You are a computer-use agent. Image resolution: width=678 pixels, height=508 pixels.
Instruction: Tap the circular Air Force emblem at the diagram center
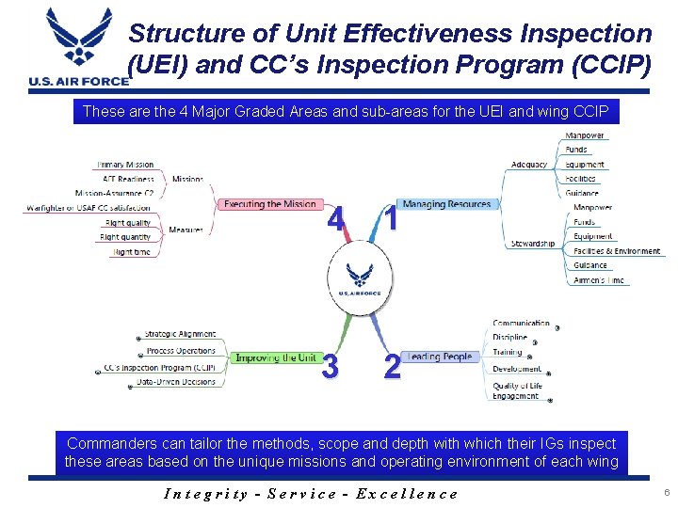[360, 278]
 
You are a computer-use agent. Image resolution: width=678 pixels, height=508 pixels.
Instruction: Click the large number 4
[333, 219]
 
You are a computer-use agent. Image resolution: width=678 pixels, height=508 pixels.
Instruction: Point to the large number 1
[389, 220]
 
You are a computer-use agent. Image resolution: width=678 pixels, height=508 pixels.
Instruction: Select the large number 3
[330, 366]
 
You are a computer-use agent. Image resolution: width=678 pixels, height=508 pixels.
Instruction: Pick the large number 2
[391, 366]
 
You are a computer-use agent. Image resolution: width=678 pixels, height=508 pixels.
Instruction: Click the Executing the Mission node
[268, 204]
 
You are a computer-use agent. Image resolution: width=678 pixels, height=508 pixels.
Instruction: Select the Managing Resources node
[446, 204]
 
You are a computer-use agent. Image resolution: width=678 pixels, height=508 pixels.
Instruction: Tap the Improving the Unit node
[275, 358]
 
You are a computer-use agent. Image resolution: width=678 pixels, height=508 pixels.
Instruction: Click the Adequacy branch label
[528, 165]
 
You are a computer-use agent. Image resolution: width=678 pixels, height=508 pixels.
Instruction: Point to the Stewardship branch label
[532, 244]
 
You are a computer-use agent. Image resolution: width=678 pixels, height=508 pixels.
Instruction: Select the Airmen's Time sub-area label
[598, 280]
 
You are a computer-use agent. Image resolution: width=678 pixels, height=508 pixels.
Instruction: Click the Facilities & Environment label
[617, 251]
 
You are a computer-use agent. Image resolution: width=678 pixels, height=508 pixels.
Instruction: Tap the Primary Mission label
[125, 165]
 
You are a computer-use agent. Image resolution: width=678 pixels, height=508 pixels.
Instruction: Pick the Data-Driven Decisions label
[175, 382]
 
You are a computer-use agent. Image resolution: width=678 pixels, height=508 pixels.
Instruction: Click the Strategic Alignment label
[179, 334]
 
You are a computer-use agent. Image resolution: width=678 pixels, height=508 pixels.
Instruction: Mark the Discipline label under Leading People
[509, 337]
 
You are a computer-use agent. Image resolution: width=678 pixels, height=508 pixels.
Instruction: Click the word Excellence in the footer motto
[410, 494]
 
